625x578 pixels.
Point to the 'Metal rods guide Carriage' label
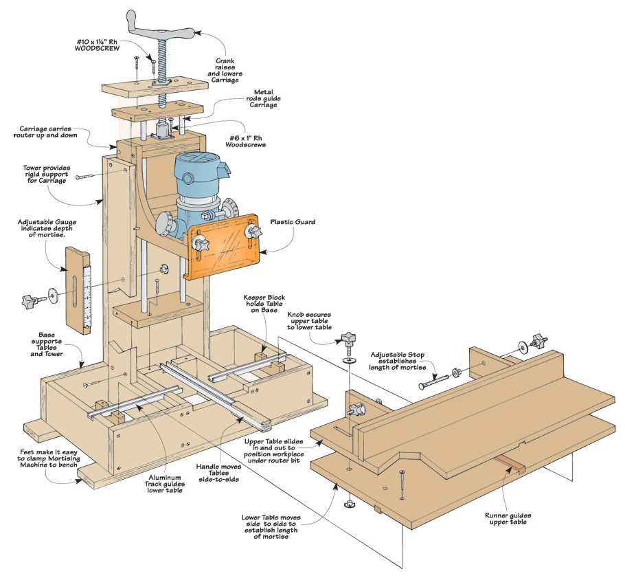point(264,98)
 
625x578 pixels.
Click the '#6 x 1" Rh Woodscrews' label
point(250,141)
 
